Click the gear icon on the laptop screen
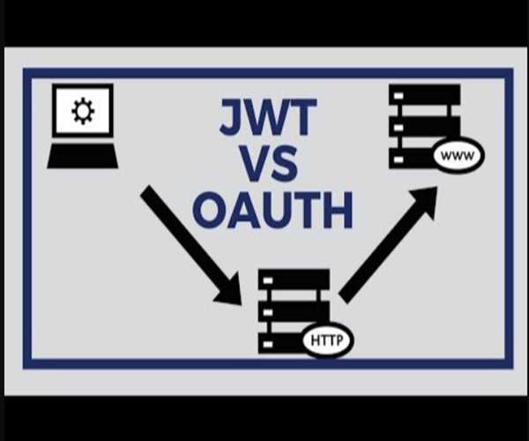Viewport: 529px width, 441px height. tap(83, 111)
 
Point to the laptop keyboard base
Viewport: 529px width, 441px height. tap(82, 156)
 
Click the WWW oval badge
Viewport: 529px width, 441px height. tap(458, 156)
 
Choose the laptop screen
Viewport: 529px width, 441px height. tap(83, 111)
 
